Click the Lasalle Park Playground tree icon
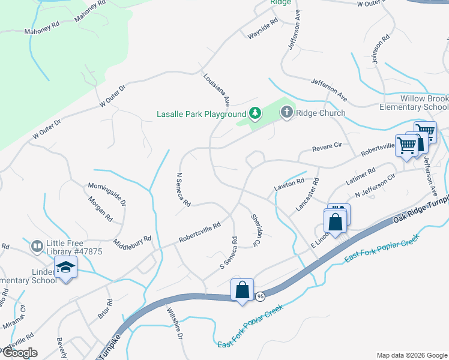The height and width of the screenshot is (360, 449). [255, 113]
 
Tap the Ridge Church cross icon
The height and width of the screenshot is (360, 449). [287, 112]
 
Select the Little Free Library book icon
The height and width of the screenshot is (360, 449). [38, 246]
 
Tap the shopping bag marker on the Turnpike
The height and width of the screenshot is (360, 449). [242, 290]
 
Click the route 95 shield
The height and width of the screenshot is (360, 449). [260, 296]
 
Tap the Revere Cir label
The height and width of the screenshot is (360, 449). [327, 146]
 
